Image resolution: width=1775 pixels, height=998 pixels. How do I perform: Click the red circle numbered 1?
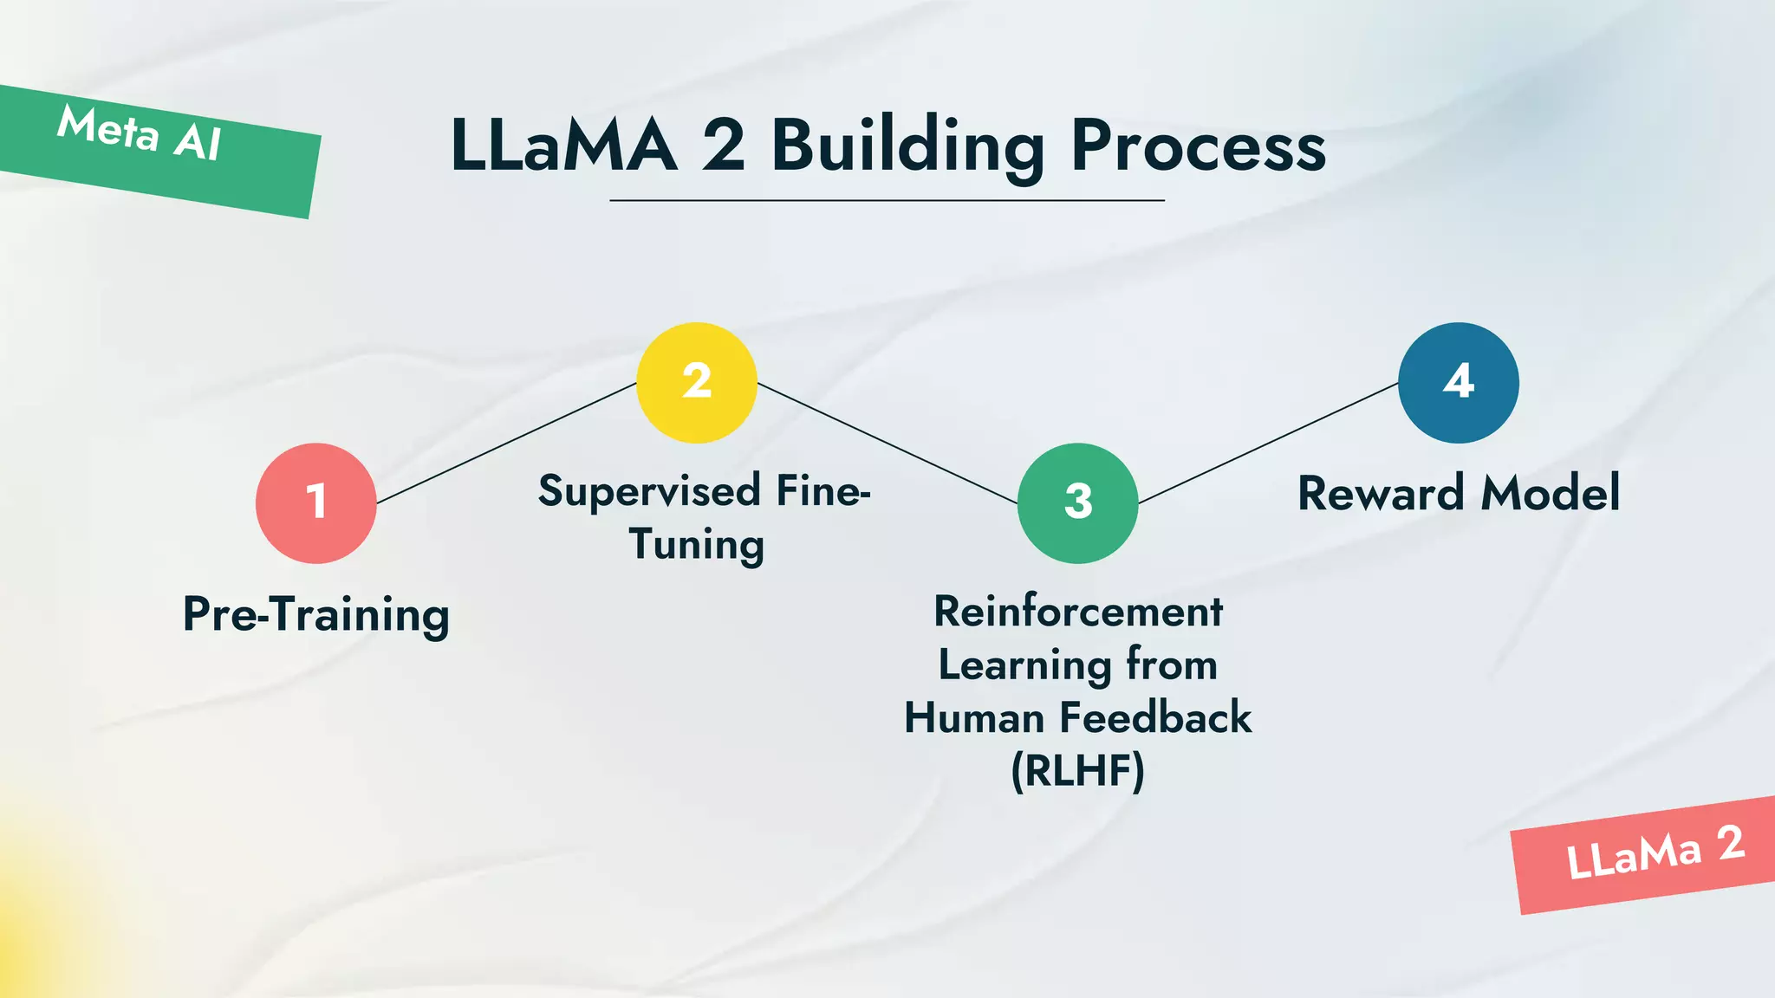coord(316,503)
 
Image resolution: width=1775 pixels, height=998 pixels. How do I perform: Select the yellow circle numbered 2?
coord(697,383)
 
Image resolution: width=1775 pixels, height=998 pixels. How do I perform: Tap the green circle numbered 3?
coord(1077,503)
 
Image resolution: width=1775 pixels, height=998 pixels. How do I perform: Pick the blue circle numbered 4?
coord(1459,383)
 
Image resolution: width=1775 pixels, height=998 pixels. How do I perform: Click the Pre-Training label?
coord(316,615)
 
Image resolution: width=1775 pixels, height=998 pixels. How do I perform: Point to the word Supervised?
coord(649,492)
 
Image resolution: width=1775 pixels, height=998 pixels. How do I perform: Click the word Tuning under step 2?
coord(697,545)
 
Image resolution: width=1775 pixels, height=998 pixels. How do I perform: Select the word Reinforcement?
coord(1078,612)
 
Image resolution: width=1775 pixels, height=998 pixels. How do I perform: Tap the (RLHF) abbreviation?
coord(1078,770)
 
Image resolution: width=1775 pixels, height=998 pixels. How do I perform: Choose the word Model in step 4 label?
coord(1551,494)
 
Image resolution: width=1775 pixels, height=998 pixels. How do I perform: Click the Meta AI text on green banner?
coord(140,133)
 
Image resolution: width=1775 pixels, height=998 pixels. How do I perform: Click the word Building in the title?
coord(908,146)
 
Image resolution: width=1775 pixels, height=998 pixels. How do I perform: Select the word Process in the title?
coord(1199,146)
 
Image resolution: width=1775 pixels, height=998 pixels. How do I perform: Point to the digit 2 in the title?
coord(723,146)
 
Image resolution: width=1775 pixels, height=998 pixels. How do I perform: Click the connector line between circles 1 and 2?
coord(507,443)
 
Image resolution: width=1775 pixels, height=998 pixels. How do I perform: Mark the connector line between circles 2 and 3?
coord(887,444)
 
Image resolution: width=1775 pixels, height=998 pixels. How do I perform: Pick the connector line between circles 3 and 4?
coord(1268,443)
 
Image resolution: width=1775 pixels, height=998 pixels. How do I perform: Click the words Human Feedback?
coord(1078,718)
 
